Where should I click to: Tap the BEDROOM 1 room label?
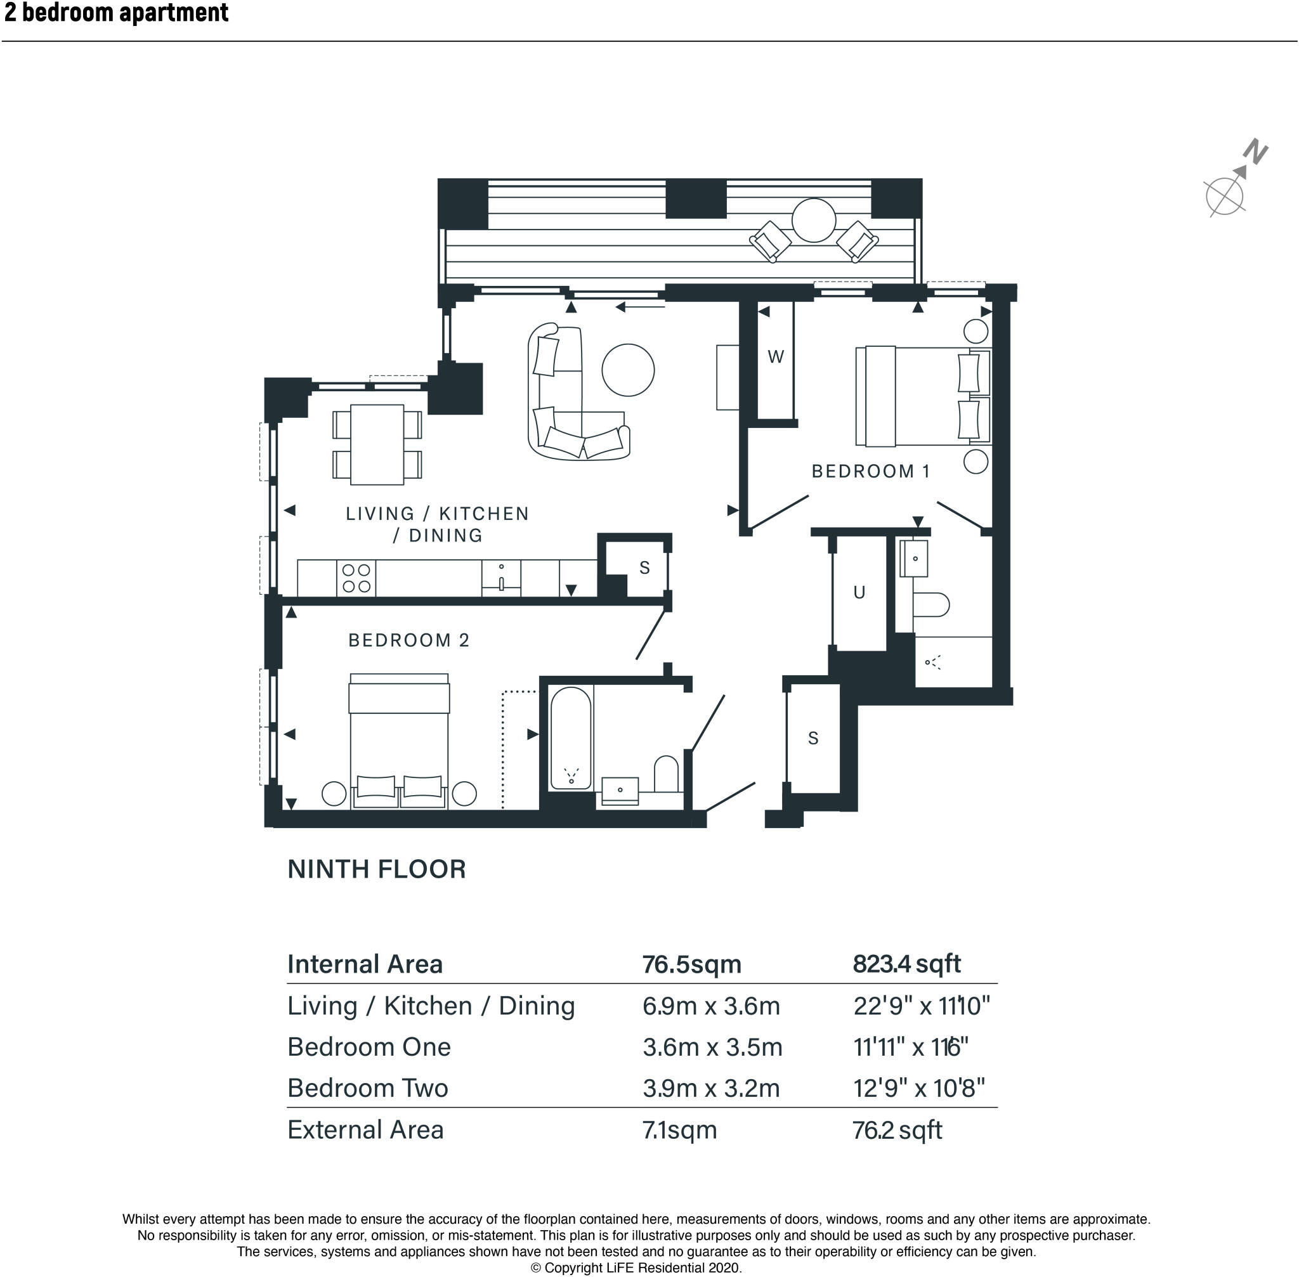[x=871, y=472]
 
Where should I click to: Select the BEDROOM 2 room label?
[x=408, y=640]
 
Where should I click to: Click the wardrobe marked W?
[x=776, y=361]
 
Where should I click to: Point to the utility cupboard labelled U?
[x=859, y=593]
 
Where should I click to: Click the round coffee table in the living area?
[x=628, y=370]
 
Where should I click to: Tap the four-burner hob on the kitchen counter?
[x=356, y=578]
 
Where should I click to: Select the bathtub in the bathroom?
[x=571, y=738]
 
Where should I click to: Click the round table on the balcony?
[x=813, y=220]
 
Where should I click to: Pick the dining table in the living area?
[x=377, y=444]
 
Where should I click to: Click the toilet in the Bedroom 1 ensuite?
[x=931, y=604]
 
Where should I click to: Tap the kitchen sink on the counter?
[x=501, y=578]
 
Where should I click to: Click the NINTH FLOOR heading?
[x=376, y=869]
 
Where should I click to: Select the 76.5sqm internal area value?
[x=692, y=964]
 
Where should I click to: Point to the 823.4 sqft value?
[x=906, y=964]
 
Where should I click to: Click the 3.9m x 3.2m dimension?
[x=711, y=1088]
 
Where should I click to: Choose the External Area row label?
[x=366, y=1130]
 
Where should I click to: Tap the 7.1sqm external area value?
[x=680, y=1130]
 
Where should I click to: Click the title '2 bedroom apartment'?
[x=116, y=12]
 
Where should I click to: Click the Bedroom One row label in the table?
[x=369, y=1047]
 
